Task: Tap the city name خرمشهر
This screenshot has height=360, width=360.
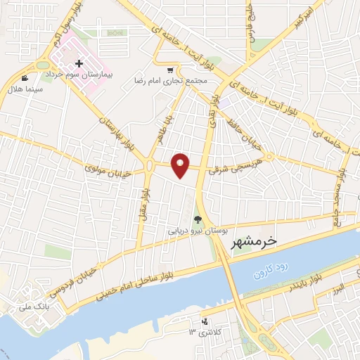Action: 255,241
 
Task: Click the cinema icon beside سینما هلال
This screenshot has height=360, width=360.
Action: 25,78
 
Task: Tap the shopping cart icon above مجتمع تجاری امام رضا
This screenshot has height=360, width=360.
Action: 172,69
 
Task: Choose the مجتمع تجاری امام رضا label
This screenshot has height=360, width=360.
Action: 171,80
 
